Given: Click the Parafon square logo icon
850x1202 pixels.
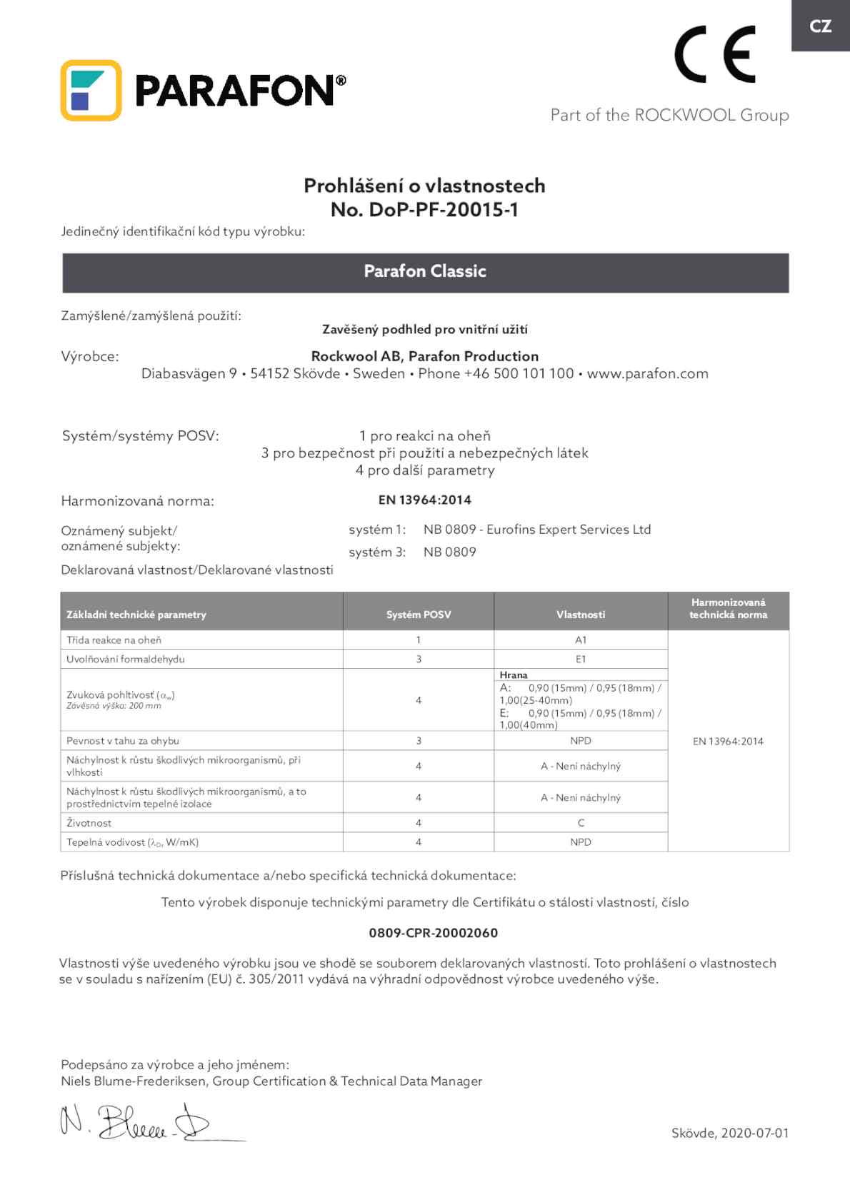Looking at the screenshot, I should pos(91,91).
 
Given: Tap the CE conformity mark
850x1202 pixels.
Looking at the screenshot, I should pos(714,54).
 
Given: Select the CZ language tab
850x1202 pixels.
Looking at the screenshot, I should pos(820,26).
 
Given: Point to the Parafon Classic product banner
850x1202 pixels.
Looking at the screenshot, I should pos(425,272).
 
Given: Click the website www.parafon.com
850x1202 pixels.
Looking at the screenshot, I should pos(647,374).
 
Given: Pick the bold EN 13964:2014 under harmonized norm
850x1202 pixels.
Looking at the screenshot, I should pos(424,500).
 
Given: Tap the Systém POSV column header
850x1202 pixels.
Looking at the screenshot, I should pos(419,615).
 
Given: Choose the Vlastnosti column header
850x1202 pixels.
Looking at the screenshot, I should pos(581,615).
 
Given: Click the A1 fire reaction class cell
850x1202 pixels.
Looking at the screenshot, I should pos(581,640).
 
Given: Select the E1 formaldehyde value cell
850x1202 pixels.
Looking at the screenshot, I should pos(581,660).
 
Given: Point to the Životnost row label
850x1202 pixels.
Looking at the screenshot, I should pos(89,823).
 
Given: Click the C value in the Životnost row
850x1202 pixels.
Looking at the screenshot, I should pos(581,823).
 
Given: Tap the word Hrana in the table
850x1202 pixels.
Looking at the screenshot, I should pos(514,675).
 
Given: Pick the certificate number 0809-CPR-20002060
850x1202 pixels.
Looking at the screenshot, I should pos(433,933).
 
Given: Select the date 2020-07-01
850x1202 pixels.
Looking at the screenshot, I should pos(754,1133).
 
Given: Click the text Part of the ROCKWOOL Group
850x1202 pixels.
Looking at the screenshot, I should pos(669,116).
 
